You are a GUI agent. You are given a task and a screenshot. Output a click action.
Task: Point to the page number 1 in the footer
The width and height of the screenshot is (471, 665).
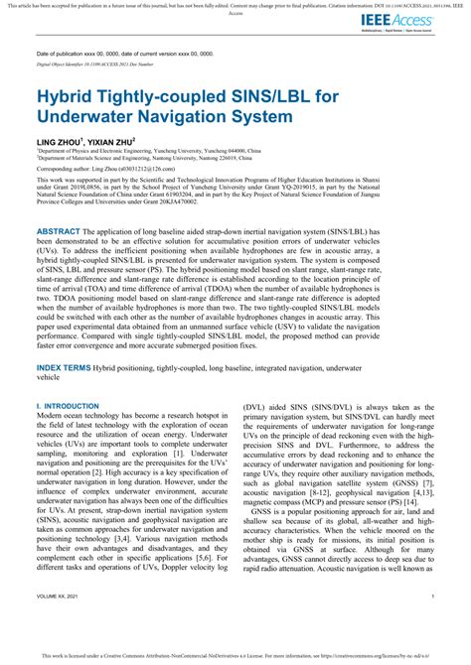pyautogui.click(x=433, y=597)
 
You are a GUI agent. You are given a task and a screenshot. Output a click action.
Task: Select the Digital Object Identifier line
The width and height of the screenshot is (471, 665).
pyautogui.click(x=110, y=65)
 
